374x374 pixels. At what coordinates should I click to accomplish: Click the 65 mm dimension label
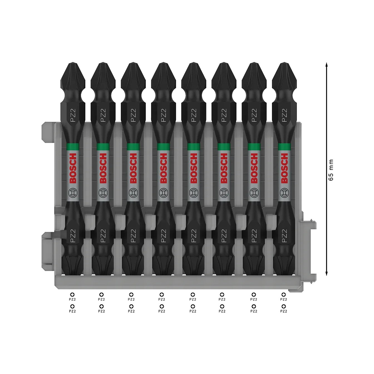(x=331, y=170)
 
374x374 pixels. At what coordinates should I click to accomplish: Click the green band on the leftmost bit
(x=72, y=146)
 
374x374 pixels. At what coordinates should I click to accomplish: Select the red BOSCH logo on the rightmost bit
(x=285, y=168)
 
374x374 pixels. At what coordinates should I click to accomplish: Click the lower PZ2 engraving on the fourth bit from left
(x=163, y=236)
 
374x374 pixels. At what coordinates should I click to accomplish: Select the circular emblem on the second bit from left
(x=103, y=192)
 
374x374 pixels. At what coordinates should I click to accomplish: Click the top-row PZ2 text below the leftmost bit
(x=72, y=299)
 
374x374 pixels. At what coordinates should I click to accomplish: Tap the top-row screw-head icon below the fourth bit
(x=161, y=295)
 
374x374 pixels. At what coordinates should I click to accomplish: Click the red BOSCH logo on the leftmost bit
(x=72, y=168)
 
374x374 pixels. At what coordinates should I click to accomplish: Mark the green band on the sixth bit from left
(x=224, y=146)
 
